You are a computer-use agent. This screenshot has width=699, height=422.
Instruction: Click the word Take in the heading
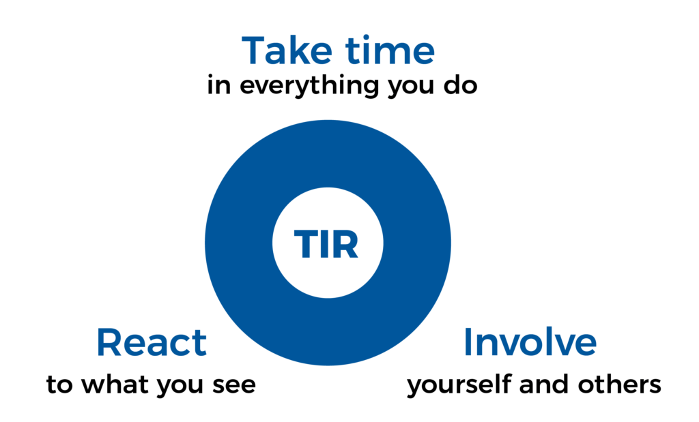pos(287,50)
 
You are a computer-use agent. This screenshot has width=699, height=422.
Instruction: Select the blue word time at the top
pos(390,50)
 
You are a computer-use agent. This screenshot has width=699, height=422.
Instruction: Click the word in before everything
pos(219,85)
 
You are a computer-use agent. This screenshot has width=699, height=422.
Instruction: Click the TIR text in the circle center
pos(326,244)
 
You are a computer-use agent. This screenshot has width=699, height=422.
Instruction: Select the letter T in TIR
pos(306,244)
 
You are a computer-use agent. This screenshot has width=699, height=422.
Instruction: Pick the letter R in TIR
pos(345,244)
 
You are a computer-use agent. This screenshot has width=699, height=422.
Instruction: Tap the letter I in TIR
pos(324,244)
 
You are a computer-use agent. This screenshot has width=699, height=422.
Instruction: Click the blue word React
pos(152,342)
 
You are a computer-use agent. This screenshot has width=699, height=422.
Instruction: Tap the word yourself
pos(459,385)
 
